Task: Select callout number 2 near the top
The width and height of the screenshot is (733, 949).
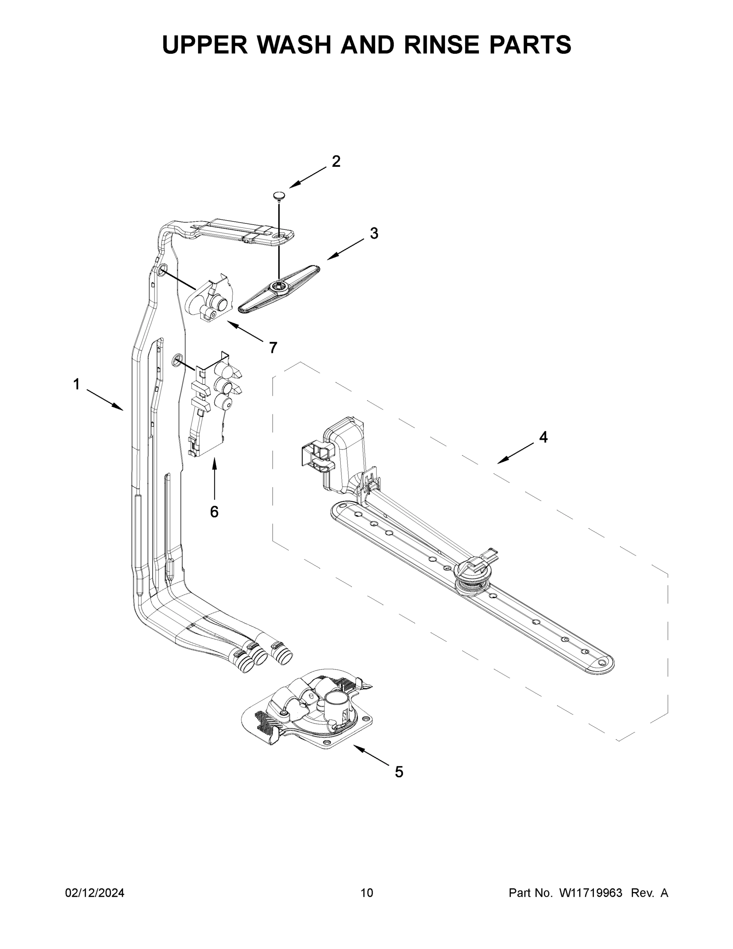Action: pos(336,162)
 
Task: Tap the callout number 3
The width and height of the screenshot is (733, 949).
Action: pos(374,233)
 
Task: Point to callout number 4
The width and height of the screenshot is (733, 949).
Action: pos(543,437)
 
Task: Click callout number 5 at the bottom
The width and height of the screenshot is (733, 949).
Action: pos(399,772)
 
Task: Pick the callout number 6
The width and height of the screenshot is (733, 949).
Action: pos(214,512)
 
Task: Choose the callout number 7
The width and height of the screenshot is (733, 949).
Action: pos(273,348)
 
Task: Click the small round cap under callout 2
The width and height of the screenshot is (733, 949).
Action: pos(279,196)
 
